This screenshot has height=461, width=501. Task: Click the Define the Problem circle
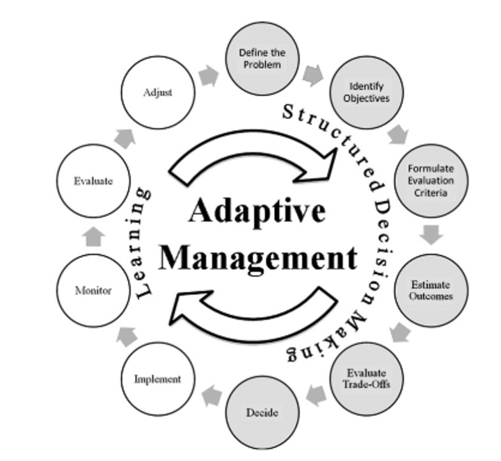click(262, 58)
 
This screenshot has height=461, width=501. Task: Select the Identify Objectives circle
click(367, 92)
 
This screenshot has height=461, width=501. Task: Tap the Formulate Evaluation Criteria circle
click(431, 181)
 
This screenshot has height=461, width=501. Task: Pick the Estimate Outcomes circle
click(431, 291)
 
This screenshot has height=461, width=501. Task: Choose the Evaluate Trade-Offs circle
click(367, 379)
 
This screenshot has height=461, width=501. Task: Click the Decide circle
click(262, 412)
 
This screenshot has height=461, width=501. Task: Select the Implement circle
click(158, 379)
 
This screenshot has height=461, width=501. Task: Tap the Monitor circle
click(93, 291)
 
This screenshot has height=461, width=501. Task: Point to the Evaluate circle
click(93, 181)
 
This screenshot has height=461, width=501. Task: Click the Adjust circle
click(158, 92)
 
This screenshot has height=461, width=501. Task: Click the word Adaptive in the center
click(257, 211)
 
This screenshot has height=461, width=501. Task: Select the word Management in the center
click(258, 258)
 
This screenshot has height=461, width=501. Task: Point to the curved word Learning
click(141, 243)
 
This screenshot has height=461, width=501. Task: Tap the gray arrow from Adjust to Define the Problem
click(209, 76)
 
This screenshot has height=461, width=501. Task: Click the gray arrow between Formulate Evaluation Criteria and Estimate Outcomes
click(431, 235)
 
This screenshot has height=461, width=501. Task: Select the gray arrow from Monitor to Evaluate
click(93, 236)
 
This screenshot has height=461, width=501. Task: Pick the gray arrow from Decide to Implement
click(212, 396)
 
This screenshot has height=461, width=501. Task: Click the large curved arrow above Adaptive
click(253, 141)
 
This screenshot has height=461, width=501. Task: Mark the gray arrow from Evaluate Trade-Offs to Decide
click(317, 396)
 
